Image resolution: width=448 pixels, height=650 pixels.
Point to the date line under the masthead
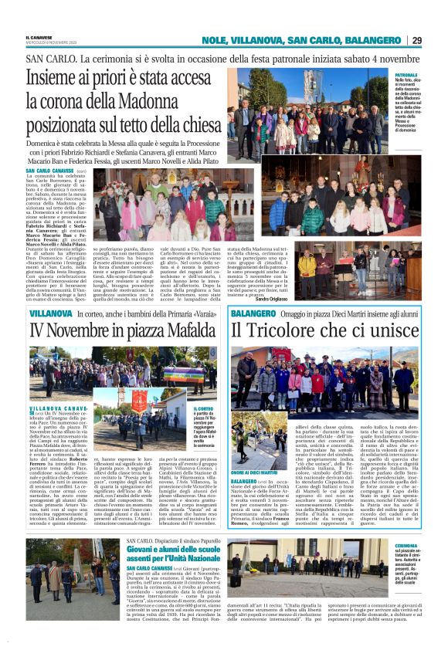pyautogui.click(x=48, y=42)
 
